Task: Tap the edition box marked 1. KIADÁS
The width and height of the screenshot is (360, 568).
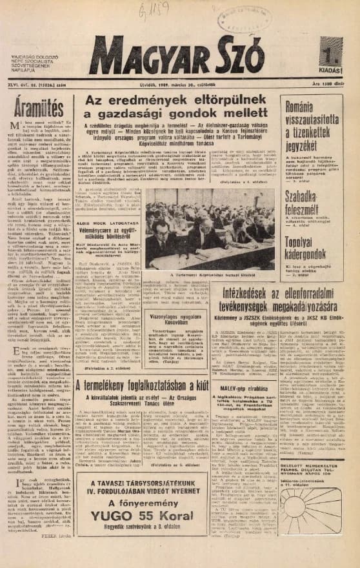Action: [331, 56]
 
